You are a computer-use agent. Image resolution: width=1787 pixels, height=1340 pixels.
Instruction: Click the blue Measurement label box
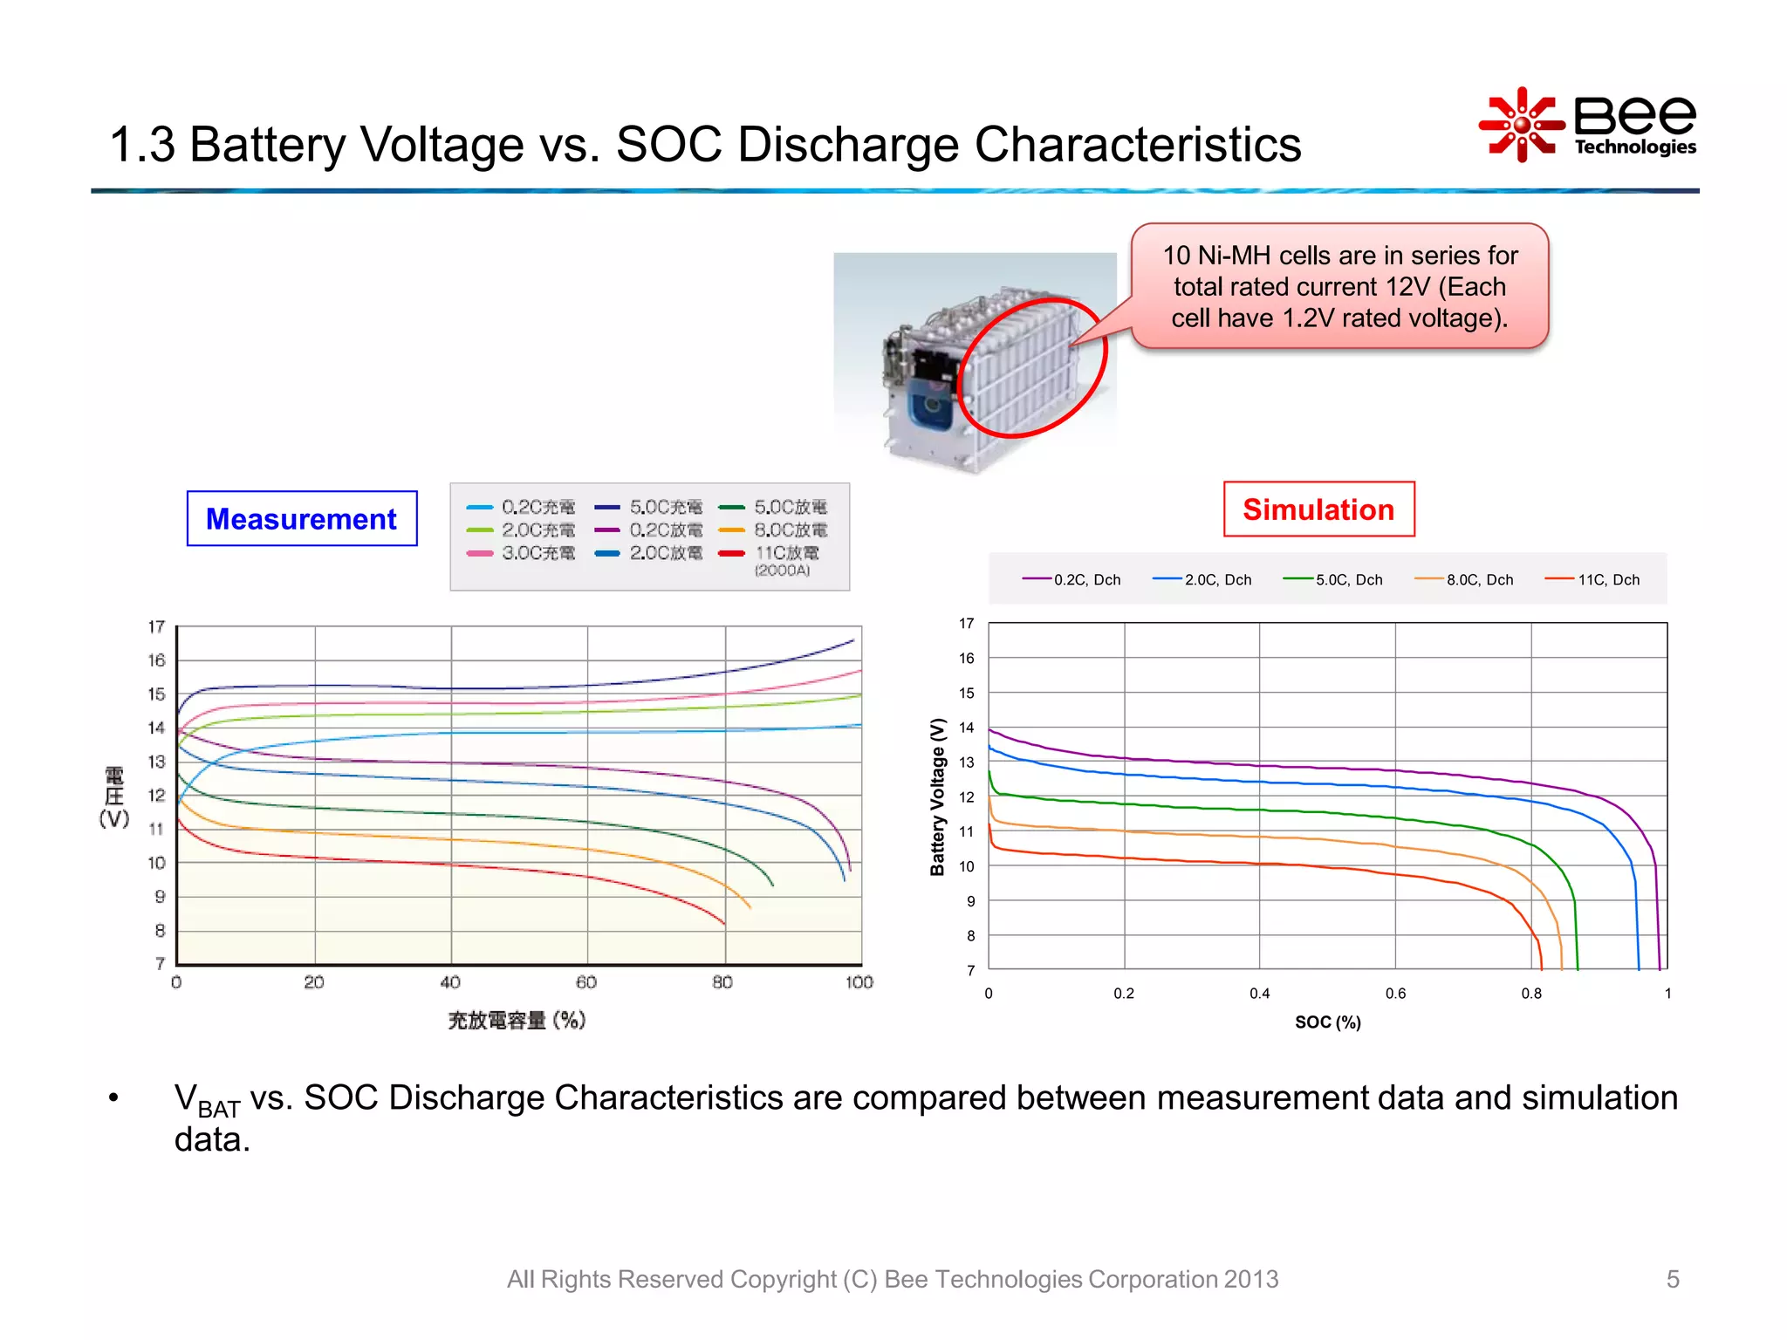pos(301,519)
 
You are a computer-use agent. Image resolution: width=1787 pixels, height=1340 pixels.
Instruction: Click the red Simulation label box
pos(1318,509)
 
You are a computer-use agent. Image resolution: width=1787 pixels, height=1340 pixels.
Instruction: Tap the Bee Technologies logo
pos(1588,125)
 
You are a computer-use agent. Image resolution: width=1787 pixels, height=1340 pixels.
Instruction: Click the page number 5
pos(1672,1279)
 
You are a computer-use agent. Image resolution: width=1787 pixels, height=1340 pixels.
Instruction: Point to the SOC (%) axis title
pos(1327,1022)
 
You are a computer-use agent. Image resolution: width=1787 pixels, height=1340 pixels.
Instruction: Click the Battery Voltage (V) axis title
pos(938,796)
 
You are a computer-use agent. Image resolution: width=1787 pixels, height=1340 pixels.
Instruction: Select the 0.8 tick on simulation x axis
pos(1531,994)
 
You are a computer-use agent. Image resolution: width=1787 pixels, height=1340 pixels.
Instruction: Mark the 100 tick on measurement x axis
pos(859,982)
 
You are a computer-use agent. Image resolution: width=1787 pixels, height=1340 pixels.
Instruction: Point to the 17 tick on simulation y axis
pos(966,624)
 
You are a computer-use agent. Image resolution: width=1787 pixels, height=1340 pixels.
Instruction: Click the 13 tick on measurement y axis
pos(156,762)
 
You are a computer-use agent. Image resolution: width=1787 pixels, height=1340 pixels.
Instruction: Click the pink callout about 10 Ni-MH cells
pos(1339,287)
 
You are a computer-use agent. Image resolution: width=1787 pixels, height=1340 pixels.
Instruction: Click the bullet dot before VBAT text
pos(113,1097)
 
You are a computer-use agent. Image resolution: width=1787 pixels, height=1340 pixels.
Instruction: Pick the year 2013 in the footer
pos(1250,1279)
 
